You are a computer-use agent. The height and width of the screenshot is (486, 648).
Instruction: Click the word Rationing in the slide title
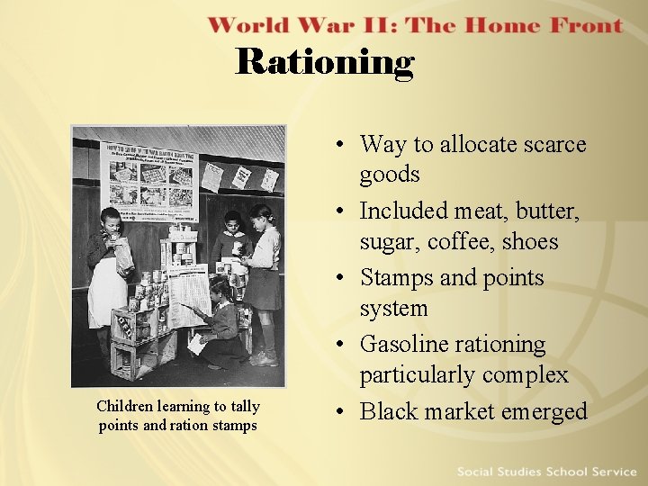point(325,62)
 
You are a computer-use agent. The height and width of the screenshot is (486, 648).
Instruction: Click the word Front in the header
point(576,25)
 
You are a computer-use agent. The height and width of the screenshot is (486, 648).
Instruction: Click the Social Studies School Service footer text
point(546,472)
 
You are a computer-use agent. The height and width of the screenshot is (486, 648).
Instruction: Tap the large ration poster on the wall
point(148,180)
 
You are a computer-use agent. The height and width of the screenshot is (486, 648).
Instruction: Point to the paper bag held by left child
point(123,256)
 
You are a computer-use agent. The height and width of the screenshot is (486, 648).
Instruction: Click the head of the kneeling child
point(219,289)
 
